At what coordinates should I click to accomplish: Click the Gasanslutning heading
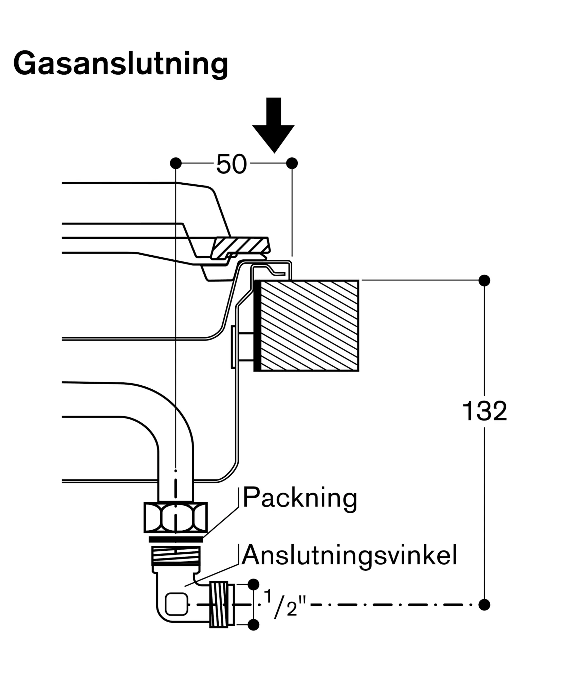click(121, 64)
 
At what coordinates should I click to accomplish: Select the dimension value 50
click(231, 164)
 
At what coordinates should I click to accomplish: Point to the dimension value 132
click(484, 411)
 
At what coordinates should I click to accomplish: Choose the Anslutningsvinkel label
click(349, 555)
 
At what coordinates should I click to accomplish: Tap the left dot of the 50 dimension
click(176, 163)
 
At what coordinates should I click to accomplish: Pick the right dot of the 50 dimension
click(292, 163)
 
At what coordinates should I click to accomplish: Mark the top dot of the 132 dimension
click(484, 280)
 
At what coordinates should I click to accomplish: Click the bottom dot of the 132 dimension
click(484, 605)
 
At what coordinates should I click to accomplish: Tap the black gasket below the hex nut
click(176, 539)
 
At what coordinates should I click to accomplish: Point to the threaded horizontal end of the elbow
click(221, 604)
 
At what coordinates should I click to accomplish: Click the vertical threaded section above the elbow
click(176, 555)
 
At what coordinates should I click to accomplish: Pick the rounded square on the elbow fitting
click(176, 604)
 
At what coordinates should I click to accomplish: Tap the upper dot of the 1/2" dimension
click(253, 585)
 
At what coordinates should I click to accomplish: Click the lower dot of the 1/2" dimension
click(253, 624)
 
